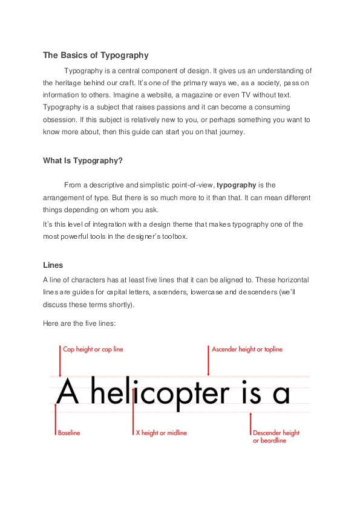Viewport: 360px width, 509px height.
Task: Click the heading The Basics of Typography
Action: click(x=96, y=56)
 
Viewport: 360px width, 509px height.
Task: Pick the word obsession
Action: click(x=61, y=120)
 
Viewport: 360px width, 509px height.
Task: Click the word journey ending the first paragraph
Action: click(x=230, y=132)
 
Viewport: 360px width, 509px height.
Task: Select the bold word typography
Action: click(x=237, y=185)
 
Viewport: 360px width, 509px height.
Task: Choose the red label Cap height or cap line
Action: click(x=93, y=349)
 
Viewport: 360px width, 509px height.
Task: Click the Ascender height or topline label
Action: click(x=247, y=349)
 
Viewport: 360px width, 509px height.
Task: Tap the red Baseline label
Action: click(x=69, y=433)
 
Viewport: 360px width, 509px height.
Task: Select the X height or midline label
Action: click(x=161, y=433)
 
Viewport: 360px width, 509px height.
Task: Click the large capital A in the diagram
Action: click(x=68, y=392)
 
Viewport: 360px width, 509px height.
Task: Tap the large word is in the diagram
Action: click(x=247, y=393)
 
